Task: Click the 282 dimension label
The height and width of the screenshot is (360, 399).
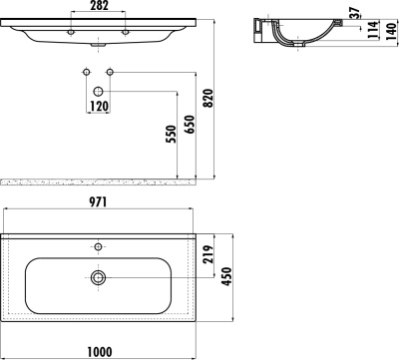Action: point(99,6)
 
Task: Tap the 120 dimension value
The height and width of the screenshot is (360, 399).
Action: point(99,107)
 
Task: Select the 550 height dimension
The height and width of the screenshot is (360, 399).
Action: point(171,135)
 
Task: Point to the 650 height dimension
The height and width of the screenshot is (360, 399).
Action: point(190,125)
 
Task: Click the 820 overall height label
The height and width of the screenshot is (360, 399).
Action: point(207,99)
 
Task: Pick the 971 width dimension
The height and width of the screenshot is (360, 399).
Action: point(98,202)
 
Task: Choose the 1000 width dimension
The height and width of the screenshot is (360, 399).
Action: point(100,351)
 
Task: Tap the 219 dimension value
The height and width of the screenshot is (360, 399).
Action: point(207,254)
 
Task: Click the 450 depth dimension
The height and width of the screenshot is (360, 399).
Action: point(226,276)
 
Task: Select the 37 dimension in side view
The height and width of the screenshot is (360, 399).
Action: point(355,13)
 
